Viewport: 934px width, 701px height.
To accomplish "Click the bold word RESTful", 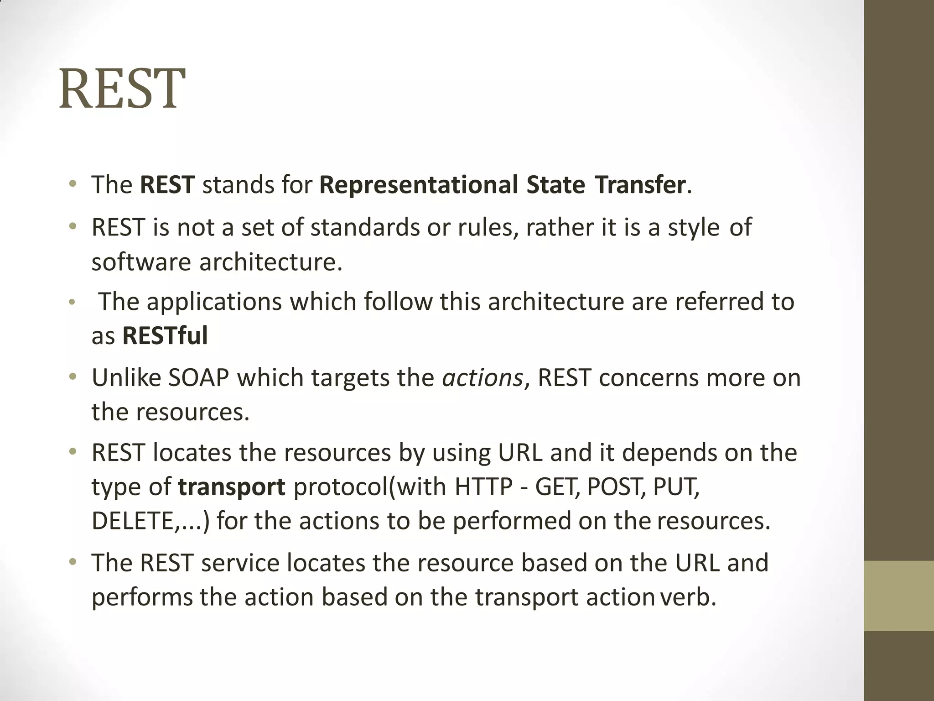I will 165,336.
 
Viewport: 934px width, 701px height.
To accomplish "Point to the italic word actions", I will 483,378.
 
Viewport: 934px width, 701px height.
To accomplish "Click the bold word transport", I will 232,487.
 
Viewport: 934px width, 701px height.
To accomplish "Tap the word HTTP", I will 484,487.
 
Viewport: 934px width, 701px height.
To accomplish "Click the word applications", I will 214,302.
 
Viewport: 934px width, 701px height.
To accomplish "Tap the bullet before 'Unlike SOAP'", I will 73,377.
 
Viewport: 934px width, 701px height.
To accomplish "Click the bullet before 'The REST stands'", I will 73,184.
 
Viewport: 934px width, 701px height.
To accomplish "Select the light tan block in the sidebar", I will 898,596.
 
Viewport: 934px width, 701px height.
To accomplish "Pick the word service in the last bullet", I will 240,563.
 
